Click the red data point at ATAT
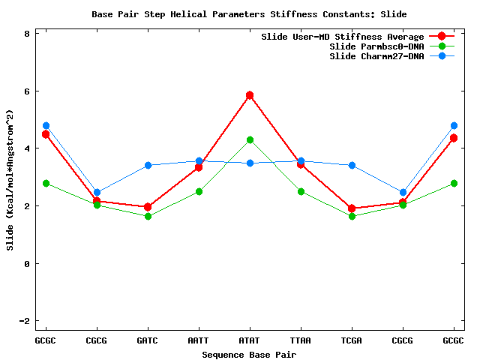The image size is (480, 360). coord(250,95)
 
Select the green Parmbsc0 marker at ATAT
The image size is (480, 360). coord(250,139)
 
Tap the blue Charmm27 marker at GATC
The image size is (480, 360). coord(148,165)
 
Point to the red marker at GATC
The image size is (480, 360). coord(148,207)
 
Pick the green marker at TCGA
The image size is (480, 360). coord(352,216)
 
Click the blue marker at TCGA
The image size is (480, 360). coord(352,165)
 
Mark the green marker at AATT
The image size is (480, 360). coord(199,191)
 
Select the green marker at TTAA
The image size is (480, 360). coord(301,191)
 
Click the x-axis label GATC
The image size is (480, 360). coord(148,340)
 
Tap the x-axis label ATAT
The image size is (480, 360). coord(250,340)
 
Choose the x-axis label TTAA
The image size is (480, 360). coord(301,340)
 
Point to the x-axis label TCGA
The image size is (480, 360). coord(352,340)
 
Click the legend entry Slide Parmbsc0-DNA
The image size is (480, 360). coord(376,46)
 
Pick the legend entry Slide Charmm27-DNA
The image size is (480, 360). coord(376,56)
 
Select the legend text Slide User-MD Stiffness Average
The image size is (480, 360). coord(342,37)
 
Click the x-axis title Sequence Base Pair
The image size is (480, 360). coord(250,353)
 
